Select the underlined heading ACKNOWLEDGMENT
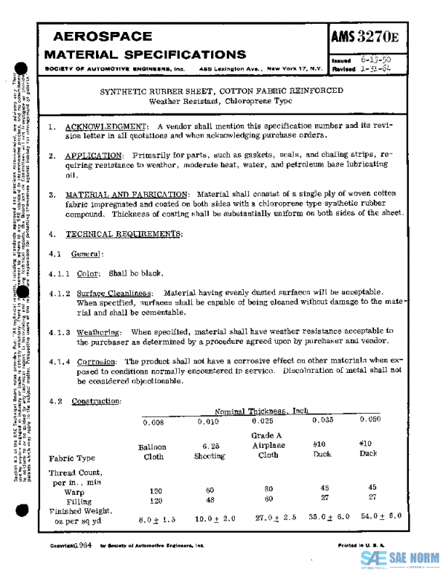pos(106,127)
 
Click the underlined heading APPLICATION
pos(93,155)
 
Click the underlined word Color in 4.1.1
pos(88,273)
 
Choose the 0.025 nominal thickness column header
pos(263,421)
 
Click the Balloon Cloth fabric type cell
pos(152,452)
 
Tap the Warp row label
pos(74,491)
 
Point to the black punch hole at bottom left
pos(23,511)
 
